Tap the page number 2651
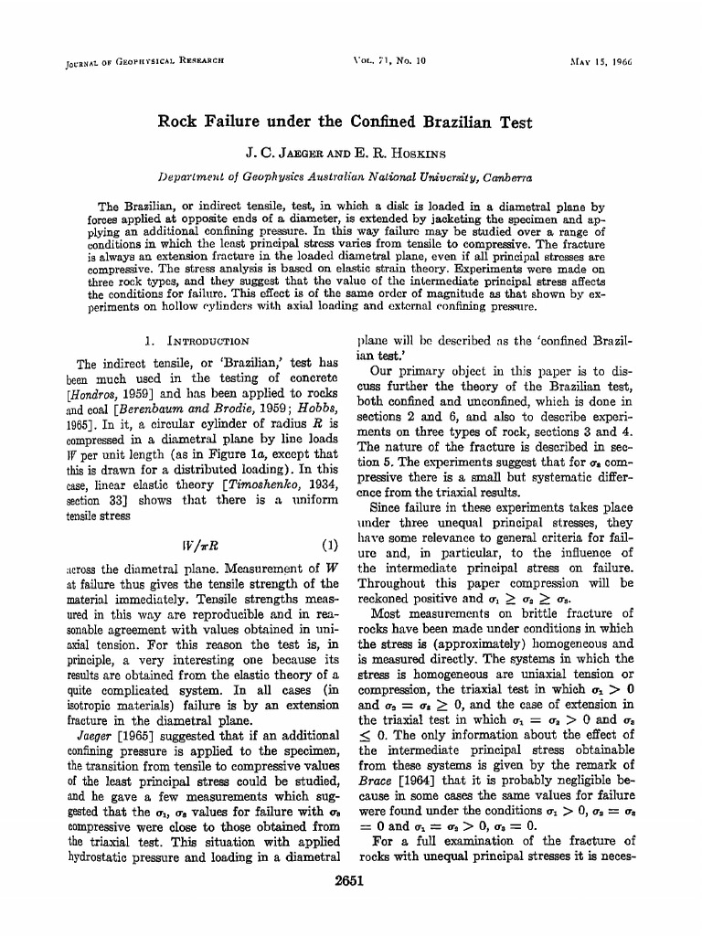pyautogui.click(x=350, y=882)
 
